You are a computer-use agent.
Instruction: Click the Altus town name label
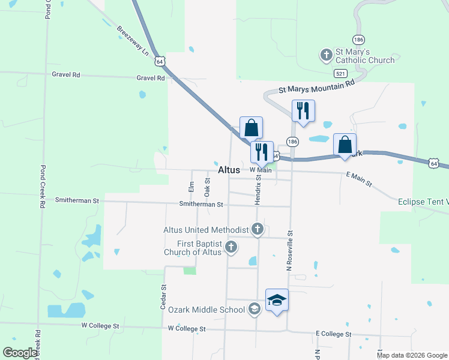coord(229,170)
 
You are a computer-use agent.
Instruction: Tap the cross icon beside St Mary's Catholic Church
coord(326,56)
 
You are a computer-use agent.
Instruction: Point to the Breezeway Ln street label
coord(133,41)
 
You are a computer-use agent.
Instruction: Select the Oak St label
coord(207,187)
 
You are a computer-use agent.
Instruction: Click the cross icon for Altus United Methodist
coord(258,229)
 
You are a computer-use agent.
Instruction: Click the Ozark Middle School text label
coord(206,310)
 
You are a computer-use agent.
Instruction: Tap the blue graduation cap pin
coord(277,299)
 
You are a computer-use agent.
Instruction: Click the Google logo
coord(20,353)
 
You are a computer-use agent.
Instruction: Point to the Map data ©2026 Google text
coord(412,355)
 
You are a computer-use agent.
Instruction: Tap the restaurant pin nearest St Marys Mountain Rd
coord(303,110)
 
